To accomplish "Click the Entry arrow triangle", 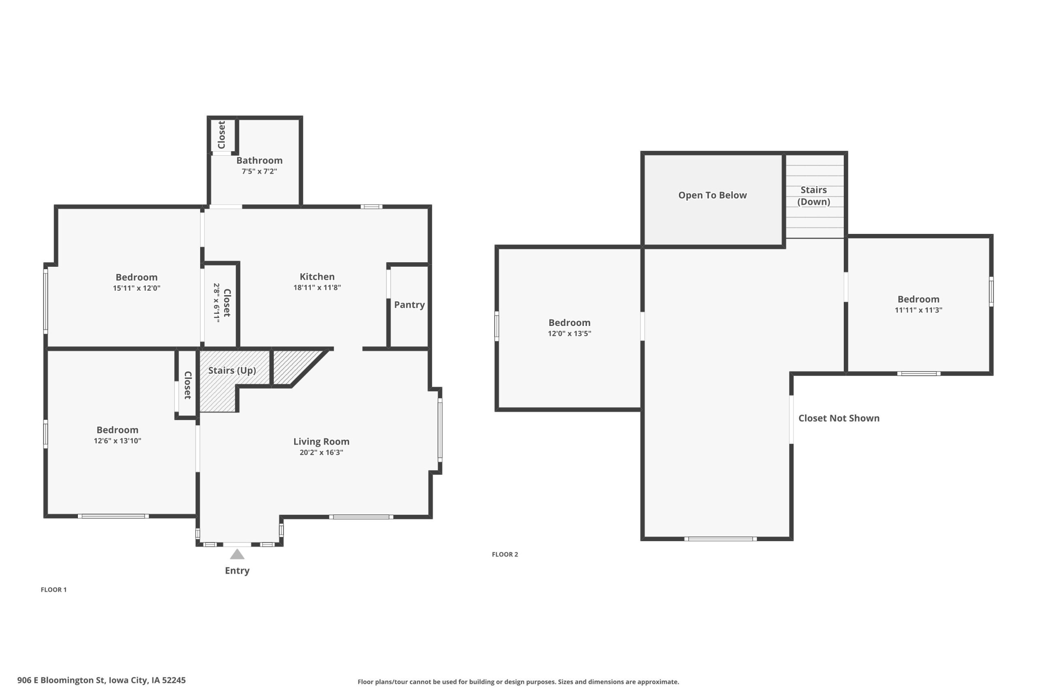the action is (237, 554).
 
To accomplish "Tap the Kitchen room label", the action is (317, 277).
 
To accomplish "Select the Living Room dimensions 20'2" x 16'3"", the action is (321, 452).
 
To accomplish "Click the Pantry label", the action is (410, 305).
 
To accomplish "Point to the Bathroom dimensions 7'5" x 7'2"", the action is (259, 171).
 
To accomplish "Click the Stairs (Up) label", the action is (233, 370).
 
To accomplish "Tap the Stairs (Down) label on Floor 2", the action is (814, 196).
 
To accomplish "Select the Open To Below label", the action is (713, 195).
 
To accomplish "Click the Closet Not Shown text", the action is (839, 418).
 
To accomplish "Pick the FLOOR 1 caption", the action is (54, 589).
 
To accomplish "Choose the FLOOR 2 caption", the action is (505, 554).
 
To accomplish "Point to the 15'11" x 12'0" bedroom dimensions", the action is (137, 288).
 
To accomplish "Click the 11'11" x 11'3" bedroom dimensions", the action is (918, 310).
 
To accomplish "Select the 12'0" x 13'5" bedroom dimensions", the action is (570, 334).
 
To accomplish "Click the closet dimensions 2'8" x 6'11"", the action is (216, 303).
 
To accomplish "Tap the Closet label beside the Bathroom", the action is (222, 135).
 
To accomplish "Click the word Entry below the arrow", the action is (237, 571).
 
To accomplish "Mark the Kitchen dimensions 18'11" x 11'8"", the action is (317, 288).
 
